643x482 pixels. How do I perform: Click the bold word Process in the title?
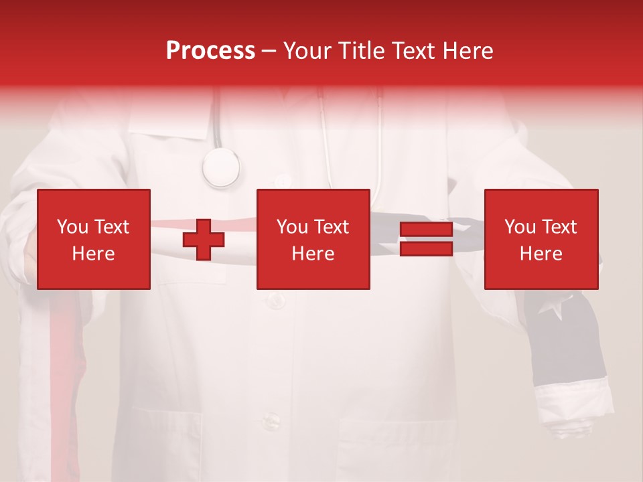210,51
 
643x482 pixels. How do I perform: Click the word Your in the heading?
306,51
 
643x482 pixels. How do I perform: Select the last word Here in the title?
468,51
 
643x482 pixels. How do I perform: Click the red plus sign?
204,240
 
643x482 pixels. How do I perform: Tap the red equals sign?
426,240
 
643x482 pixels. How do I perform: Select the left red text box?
94,239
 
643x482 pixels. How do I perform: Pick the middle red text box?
313,239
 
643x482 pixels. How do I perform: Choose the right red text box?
541,239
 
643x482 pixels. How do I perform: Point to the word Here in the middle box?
313,254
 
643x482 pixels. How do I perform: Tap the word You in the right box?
520,227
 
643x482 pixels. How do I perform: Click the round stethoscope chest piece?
221,167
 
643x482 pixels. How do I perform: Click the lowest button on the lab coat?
271,421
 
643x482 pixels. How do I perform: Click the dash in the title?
269,51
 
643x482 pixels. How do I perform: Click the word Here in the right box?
541,254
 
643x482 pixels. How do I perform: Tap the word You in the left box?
72,227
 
